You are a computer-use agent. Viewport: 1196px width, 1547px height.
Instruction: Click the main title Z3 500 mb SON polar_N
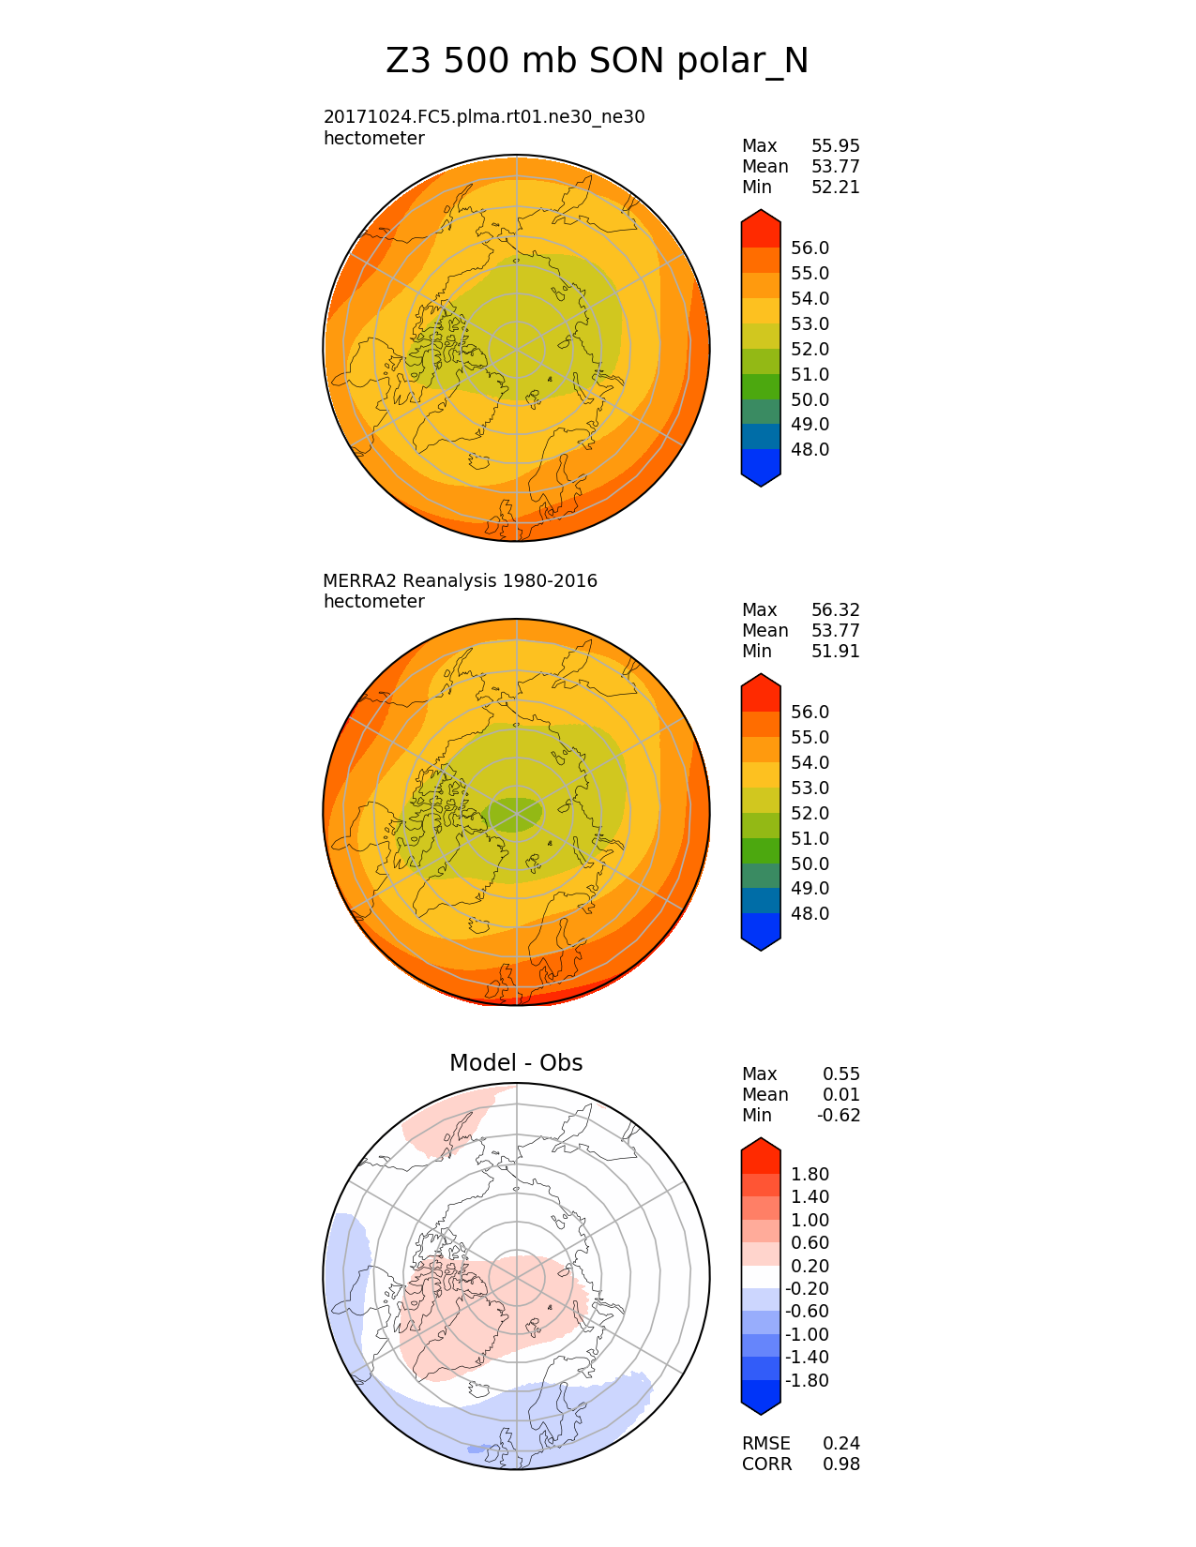point(597,62)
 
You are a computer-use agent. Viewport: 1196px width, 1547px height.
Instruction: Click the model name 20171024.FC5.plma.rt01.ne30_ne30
point(484,117)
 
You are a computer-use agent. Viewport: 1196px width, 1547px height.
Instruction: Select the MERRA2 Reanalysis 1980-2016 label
point(460,581)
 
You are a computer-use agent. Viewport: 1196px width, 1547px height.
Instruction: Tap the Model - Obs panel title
point(516,1063)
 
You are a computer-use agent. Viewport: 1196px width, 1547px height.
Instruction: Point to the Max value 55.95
point(835,146)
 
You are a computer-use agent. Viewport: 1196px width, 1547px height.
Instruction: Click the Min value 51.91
point(835,652)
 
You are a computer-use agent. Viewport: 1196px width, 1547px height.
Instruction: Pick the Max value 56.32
point(835,610)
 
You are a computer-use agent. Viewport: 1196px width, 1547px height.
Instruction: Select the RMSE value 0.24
point(841,1444)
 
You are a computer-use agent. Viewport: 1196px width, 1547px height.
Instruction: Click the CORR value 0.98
point(841,1464)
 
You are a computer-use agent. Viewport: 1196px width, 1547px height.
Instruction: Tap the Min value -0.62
point(839,1116)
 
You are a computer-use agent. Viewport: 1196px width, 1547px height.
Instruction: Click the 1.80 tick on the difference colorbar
point(810,1175)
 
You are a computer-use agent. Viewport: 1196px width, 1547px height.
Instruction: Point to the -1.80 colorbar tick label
point(808,1381)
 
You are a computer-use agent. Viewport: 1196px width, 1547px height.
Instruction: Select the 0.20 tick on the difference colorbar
point(810,1267)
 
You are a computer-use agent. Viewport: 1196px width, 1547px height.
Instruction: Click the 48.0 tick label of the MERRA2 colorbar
point(810,914)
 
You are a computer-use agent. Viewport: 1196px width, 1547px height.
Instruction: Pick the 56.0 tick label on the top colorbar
point(810,248)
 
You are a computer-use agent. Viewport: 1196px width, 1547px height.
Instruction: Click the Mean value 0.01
point(841,1095)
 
